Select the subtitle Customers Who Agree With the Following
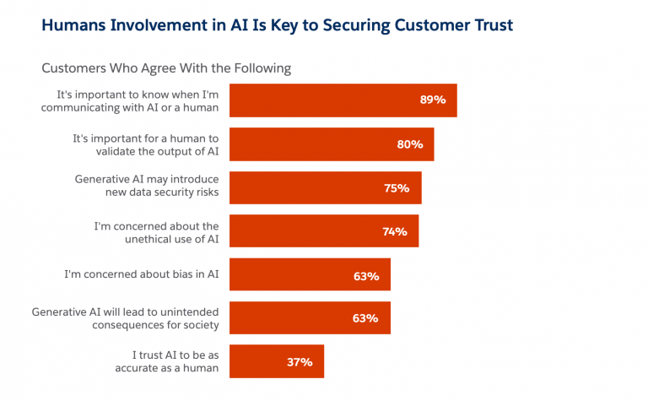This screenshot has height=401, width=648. pyautogui.click(x=167, y=68)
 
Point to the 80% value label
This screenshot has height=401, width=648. pyautogui.click(x=409, y=144)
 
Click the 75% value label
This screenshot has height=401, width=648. pyautogui.click(x=397, y=187)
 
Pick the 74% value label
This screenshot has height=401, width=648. pyautogui.click(x=394, y=231)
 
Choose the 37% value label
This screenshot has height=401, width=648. pyautogui.click(x=300, y=362)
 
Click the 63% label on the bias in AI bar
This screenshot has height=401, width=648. pyautogui.click(x=366, y=275)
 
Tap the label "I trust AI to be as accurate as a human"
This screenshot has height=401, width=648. pyautogui.click(x=166, y=361)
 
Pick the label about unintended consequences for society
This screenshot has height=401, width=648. pyautogui.click(x=125, y=318)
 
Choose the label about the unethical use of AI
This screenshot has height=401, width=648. pyautogui.click(x=155, y=231)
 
